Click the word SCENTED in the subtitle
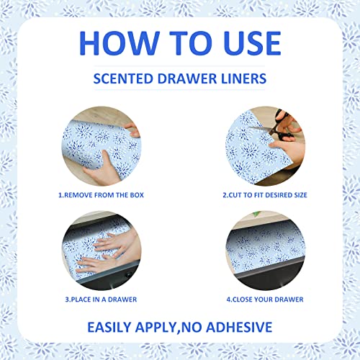coord(123,78)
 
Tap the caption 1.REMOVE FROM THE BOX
coord(101,195)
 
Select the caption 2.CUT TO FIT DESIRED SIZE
coord(265,195)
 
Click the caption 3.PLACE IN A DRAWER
coord(101,300)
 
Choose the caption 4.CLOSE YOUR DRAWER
coord(265,300)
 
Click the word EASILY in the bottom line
coord(109,327)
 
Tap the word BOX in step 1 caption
coord(137,195)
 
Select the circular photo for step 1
coord(102,146)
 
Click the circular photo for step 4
coord(266,251)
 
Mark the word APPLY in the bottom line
coord(156,328)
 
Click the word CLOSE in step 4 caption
coord(243,300)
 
